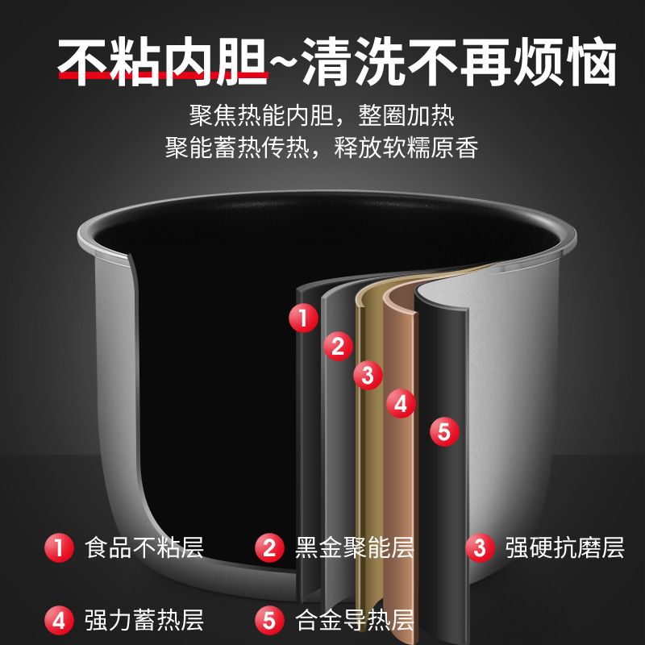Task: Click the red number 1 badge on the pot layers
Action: pos(304,318)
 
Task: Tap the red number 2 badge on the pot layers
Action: pos(338,346)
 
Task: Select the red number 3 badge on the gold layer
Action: pos(368,375)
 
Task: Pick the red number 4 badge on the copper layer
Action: pos(401,404)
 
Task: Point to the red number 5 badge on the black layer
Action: pos(444,432)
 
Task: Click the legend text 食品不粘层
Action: pos(144,547)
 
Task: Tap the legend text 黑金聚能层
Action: pos(355,547)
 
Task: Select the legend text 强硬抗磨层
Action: pos(565,547)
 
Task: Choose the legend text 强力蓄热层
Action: pos(144,620)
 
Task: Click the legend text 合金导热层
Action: pos(355,620)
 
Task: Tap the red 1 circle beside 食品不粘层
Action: pos(59,547)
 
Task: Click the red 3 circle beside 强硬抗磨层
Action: pos(480,547)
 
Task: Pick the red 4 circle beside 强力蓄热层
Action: pos(59,620)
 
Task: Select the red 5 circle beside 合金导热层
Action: pos(269,620)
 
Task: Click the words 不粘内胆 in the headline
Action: pos(163,62)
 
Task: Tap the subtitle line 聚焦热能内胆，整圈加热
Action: pos(322,115)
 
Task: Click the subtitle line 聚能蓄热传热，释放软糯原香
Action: pos(322,148)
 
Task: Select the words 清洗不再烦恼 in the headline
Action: pos(459,62)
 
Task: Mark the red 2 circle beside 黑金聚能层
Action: pos(269,547)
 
